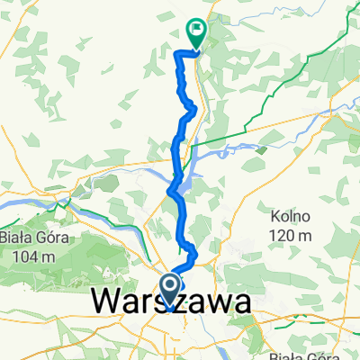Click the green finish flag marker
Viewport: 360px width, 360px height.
click(x=195, y=32)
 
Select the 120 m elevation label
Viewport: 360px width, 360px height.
click(x=291, y=235)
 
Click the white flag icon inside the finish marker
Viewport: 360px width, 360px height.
click(x=195, y=29)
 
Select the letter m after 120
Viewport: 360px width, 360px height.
click(x=305, y=236)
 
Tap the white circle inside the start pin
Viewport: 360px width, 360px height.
click(x=169, y=285)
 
